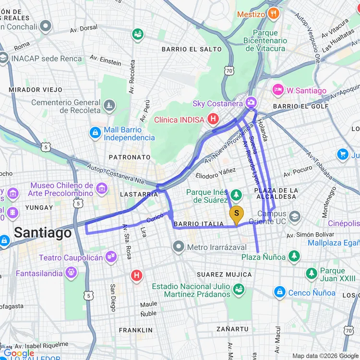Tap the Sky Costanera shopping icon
pyautogui.click(x=251, y=103)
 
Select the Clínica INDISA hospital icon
pyautogui.click(x=214, y=120)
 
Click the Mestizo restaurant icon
pyautogui.click(x=274, y=13)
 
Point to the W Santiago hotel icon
pyautogui.click(x=277, y=90)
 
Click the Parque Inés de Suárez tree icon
pyautogui.click(x=236, y=195)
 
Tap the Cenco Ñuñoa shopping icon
pyautogui.click(x=280, y=292)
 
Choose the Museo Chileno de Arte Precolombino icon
pyautogui.click(x=101, y=189)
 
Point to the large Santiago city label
pyautogui.click(x=43, y=233)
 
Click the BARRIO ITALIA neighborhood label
pyautogui.click(x=199, y=224)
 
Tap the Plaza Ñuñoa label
pyautogui.click(x=264, y=257)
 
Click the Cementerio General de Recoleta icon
pyautogui.click(x=110, y=106)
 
